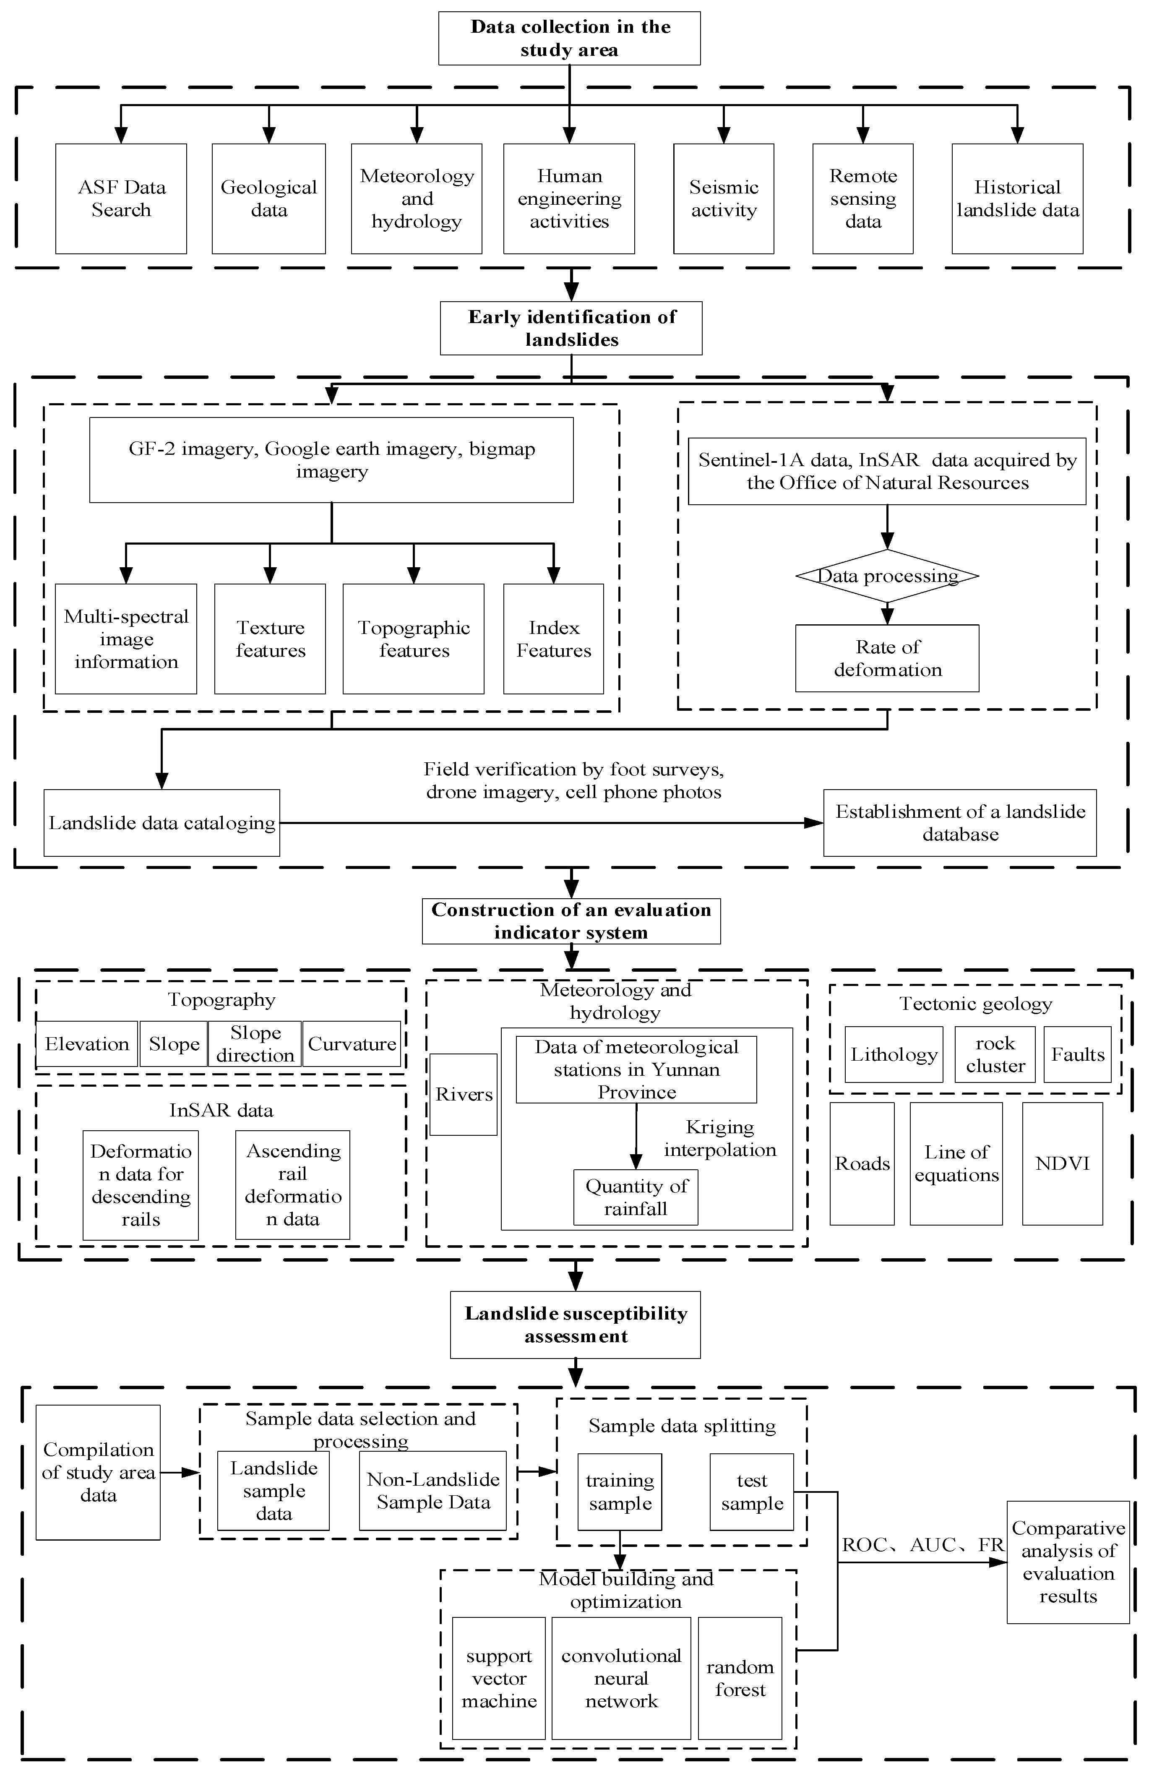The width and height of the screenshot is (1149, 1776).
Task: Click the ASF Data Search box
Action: click(x=121, y=198)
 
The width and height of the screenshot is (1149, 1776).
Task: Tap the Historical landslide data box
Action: click(x=1017, y=198)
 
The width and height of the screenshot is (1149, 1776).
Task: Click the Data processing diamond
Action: click(x=887, y=576)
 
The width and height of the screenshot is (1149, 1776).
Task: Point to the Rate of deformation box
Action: click(x=887, y=658)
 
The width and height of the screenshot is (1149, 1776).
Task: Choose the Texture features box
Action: click(x=270, y=639)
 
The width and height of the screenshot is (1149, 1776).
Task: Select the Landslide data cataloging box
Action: click(x=162, y=823)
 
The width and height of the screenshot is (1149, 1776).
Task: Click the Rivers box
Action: click(x=463, y=1095)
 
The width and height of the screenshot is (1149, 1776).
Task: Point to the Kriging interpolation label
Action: click(x=720, y=1139)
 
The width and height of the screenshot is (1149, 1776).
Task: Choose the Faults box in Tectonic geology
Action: click(x=1077, y=1054)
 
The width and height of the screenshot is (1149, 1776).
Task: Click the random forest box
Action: click(x=740, y=1679)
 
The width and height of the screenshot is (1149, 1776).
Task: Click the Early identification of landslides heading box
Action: click(x=571, y=329)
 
